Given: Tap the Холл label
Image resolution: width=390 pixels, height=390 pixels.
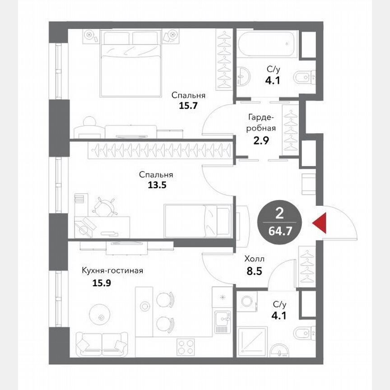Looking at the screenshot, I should pos(254,260).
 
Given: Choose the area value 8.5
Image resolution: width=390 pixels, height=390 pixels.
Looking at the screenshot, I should pos(254,272).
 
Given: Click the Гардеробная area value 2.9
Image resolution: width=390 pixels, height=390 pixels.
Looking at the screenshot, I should pos(261,139).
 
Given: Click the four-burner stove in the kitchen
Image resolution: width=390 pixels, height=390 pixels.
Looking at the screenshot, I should pos(185,347).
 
